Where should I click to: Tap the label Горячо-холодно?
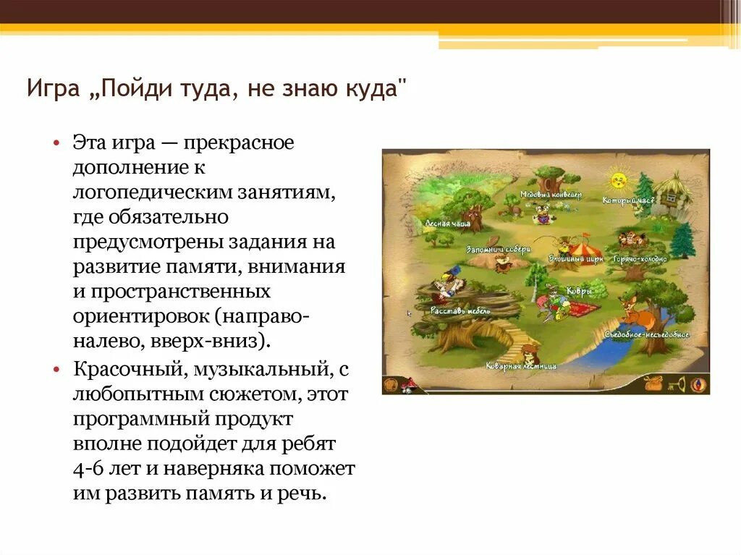[639, 257]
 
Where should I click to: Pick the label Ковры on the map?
[580, 291]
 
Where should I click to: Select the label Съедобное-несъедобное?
[647, 335]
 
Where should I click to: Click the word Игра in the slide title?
[50, 91]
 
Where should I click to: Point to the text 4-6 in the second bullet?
[90, 468]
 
